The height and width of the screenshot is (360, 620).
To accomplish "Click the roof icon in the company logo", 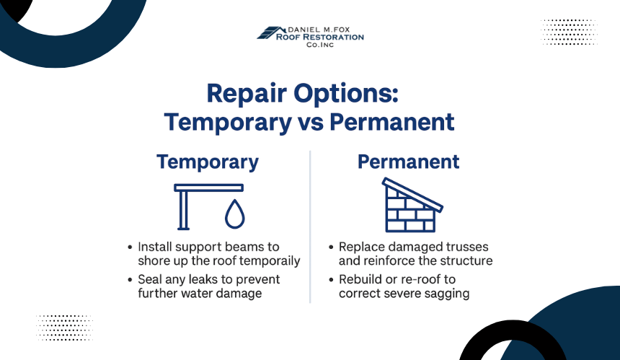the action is pyautogui.click(x=271, y=32).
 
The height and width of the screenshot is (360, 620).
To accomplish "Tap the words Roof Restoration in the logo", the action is pyautogui.click(x=320, y=38).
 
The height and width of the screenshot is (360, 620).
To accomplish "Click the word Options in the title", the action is pyautogui.click(x=345, y=93).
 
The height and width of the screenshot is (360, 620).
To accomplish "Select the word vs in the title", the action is pyautogui.click(x=311, y=122).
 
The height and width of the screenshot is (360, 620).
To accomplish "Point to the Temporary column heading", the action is pyautogui.click(x=208, y=162).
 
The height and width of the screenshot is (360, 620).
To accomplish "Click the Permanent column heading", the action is pyautogui.click(x=409, y=162).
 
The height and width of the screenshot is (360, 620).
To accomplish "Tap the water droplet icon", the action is pyautogui.click(x=235, y=214).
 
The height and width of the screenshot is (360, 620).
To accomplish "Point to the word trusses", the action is pyautogui.click(x=467, y=247).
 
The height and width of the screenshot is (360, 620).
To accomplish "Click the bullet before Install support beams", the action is pyautogui.click(x=130, y=247).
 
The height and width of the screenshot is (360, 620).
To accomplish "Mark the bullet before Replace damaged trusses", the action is pyautogui.click(x=331, y=247).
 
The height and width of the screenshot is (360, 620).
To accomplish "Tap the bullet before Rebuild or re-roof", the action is pyautogui.click(x=331, y=280).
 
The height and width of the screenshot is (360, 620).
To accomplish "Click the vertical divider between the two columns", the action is pyautogui.click(x=310, y=227).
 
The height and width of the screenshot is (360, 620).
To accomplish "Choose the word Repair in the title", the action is pyautogui.click(x=247, y=95).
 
